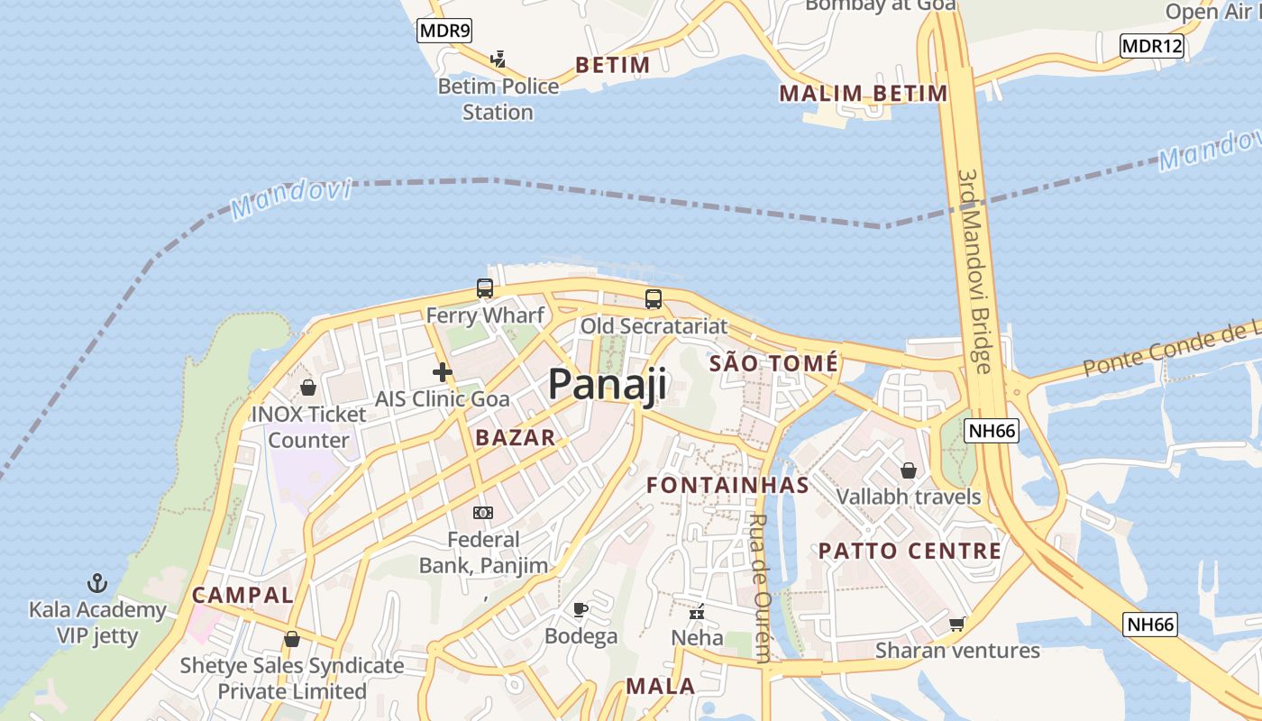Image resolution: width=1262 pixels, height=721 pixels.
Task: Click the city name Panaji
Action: pos(608,384)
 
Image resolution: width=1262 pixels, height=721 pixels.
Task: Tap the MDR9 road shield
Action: pos(444,32)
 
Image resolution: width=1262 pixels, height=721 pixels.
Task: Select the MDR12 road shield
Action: pos(1151,46)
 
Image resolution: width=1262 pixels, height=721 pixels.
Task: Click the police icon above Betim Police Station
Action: pos(498,59)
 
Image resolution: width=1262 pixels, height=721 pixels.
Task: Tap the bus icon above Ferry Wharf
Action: pos(485,288)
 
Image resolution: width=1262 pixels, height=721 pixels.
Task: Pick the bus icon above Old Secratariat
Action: pos(654,299)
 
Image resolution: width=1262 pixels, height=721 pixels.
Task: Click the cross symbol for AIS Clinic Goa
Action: pos(442,371)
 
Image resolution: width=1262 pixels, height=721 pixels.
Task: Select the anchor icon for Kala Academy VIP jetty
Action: pos(96,583)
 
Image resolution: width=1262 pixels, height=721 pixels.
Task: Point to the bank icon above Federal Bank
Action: pos(483,513)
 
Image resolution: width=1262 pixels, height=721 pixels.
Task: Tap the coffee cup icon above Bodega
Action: pos(581,610)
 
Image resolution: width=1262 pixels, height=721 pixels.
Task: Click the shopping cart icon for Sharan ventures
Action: pos(957,624)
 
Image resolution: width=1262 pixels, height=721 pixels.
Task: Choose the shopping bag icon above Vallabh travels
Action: pos(909,470)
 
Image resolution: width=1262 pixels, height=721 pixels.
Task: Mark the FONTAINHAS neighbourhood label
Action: pos(727,485)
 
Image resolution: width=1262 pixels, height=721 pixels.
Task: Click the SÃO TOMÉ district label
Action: pos(773,363)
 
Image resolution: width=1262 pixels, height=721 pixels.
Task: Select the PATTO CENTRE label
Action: pos(910,551)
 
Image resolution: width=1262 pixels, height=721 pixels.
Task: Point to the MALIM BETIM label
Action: pos(863,93)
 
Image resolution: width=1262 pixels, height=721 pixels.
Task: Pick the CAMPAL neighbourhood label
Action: pos(242,595)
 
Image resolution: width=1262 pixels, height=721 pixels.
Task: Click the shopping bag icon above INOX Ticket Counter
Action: pos(308,388)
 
